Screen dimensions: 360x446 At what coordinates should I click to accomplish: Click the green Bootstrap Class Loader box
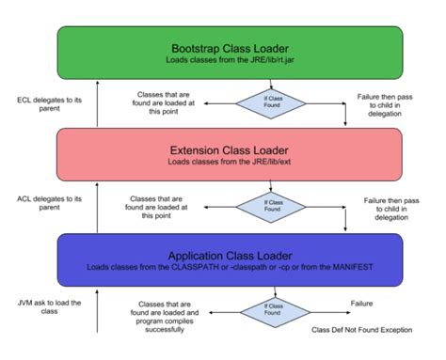231,53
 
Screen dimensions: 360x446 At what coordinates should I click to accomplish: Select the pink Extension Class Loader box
231,156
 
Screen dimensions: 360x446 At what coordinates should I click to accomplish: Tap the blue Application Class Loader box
231,258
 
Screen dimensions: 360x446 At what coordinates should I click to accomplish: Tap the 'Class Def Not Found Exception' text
361,330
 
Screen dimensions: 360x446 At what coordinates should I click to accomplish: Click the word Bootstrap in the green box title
197,48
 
